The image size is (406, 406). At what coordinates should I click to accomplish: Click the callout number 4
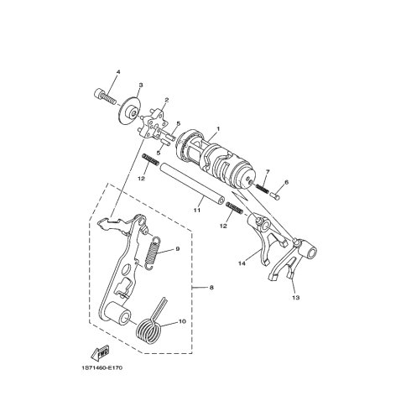[x=118, y=72]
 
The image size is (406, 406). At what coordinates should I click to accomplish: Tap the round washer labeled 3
[x=130, y=110]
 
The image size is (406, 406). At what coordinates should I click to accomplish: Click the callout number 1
[x=218, y=129]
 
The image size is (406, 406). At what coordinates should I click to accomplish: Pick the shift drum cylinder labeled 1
[x=216, y=161]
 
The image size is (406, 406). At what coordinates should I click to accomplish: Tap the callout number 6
[x=286, y=182]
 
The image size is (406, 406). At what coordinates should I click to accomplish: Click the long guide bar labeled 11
[x=192, y=184]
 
